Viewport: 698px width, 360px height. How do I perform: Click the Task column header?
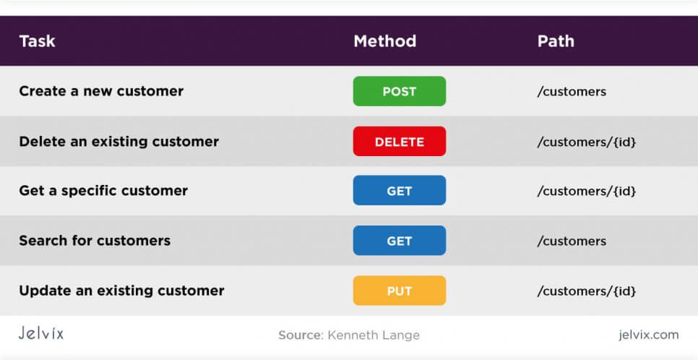37,41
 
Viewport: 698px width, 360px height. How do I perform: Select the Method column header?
384,41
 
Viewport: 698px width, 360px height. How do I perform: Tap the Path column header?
556,41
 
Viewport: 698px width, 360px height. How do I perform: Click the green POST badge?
400,91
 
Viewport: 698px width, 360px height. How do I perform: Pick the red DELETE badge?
400,142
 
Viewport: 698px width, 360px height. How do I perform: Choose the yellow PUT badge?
400,291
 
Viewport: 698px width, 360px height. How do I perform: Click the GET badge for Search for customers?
400,241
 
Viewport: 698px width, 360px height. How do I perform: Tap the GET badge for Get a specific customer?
400,191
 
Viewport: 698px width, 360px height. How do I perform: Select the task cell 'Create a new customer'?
101,91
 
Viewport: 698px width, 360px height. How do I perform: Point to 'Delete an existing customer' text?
119,142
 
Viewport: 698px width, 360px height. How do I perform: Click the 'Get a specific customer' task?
103,191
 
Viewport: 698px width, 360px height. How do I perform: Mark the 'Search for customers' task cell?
95,241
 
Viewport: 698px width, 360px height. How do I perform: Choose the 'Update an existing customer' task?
121,291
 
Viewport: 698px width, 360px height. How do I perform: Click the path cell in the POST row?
572,92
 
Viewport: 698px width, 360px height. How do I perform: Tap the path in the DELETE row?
587,142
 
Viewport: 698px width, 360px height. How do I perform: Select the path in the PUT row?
587,291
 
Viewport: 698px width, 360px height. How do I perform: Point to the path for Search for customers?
572,241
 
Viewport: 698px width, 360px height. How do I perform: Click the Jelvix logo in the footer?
41,333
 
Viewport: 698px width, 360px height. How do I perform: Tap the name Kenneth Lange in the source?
374,335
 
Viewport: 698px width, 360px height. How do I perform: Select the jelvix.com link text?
649,335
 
